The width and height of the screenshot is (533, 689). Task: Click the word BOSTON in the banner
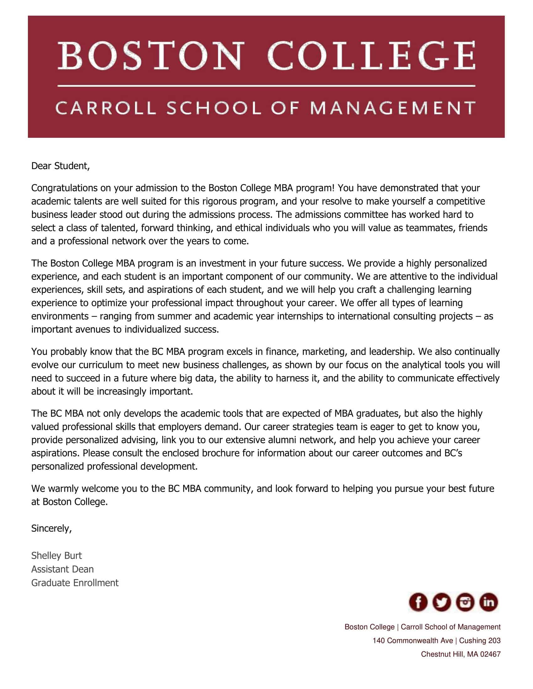coord(151,56)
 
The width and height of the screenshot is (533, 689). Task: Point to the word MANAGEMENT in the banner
coord(393,108)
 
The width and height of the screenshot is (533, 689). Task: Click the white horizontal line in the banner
coord(266,85)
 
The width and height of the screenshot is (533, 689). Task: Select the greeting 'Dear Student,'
coord(60,166)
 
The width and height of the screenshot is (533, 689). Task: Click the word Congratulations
coord(64,188)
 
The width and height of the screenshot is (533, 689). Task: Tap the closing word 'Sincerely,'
coord(51,528)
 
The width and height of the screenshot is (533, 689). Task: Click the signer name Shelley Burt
coord(56,555)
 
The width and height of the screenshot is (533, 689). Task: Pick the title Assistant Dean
coord(62,569)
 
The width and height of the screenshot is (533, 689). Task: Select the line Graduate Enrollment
coord(75,583)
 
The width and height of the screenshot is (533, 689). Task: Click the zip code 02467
coord(490,654)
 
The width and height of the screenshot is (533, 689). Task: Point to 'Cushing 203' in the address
coord(480,640)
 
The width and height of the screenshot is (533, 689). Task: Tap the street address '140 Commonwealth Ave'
coord(412,640)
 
